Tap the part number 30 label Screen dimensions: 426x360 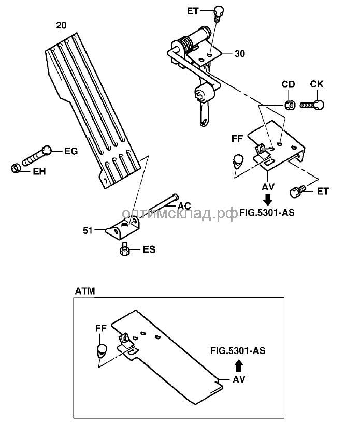coord(239,53)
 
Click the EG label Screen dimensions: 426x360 coord(70,151)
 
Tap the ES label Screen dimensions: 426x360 coord(149,249)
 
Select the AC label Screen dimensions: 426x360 coord(184,205)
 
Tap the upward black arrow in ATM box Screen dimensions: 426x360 coord(238,366)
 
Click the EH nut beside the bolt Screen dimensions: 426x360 coord(16,168)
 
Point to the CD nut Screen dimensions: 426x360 coord(291,106)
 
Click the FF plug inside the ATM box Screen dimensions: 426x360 coord(101,350)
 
